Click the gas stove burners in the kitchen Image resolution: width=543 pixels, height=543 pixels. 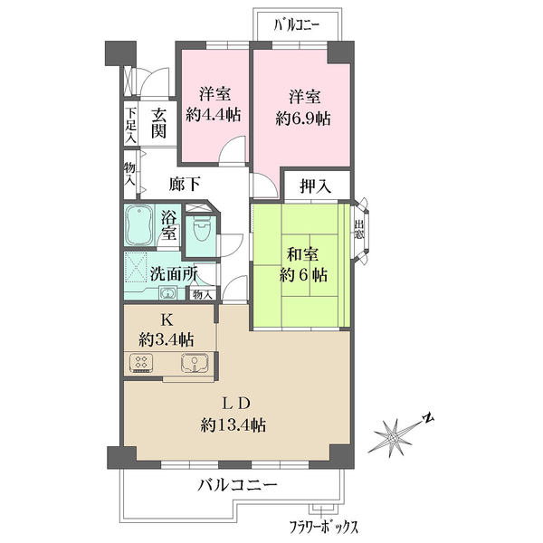[x=142, y=364]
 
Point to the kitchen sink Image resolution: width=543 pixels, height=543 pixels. [x=195, y=363]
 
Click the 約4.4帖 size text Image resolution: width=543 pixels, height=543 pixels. [x=214, y=115]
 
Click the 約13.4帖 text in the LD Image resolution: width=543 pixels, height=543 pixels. [x=234, y=424]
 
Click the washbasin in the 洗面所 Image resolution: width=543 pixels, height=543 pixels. [x=167, y=292]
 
